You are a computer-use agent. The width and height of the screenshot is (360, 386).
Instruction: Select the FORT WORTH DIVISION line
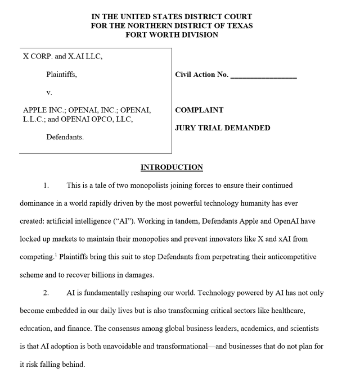(172, 35)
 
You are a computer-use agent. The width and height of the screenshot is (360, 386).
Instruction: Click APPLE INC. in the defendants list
(44, 110)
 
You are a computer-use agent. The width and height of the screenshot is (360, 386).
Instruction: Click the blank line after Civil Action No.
(263, 75)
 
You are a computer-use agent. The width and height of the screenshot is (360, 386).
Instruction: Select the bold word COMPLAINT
(199, 110)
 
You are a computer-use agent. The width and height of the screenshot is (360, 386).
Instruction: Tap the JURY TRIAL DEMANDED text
(222, 128)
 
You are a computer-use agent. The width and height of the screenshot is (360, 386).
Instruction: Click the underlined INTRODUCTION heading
(172, 167)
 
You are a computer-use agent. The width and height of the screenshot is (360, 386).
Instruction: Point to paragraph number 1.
(46, 185)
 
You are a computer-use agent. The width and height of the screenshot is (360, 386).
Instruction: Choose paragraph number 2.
(46, 293)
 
